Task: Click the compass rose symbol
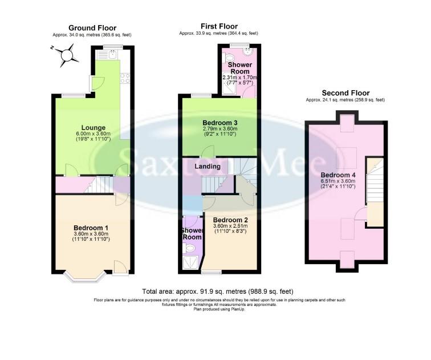[68, 55]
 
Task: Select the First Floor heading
[219, 26]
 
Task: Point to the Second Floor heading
[345, 93]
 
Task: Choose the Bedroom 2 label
[230, 219]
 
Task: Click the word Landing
[208, 166]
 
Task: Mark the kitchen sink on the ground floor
[113, 55]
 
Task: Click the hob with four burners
[124, 79]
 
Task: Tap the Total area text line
[219, 292]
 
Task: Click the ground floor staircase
[100, 185]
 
